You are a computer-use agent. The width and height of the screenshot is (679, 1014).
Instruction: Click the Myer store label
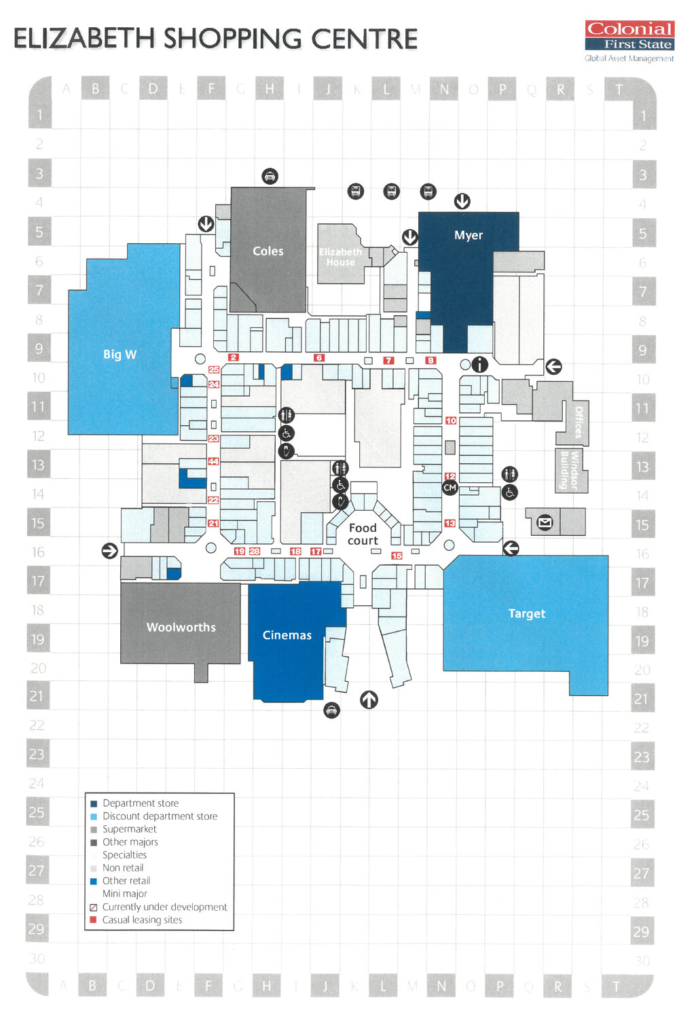[469, 235]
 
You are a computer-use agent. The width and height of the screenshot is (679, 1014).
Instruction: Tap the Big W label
[120, 354]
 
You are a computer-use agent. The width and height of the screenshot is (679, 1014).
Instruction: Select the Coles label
[268, 251]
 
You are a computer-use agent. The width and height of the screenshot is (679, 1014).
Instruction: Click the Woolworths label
[181, 627]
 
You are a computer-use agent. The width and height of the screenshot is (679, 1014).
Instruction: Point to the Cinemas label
[287, 635]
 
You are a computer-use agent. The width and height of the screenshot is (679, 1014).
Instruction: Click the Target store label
[526, 613]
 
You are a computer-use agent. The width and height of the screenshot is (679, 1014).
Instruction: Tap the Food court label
[363, 534]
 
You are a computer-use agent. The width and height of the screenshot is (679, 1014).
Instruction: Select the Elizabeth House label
[340, 257]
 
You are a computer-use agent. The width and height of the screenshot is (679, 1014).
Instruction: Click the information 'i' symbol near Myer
[479, 365]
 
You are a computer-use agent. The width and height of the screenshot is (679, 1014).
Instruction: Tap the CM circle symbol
[449, 488]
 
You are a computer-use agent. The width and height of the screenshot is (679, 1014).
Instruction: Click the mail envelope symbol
[545, 522]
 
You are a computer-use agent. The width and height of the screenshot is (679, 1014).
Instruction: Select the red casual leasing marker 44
[213, 461]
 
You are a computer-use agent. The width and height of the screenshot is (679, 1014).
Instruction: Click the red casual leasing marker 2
[234, 357]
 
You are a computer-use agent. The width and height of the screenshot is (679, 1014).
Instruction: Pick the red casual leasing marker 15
[397, 556]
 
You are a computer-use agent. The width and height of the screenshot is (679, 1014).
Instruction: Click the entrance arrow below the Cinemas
[369, 699]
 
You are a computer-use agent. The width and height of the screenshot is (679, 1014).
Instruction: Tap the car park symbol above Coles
[270, 177]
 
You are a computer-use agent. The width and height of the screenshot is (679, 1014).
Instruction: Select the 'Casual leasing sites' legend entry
[142, 920]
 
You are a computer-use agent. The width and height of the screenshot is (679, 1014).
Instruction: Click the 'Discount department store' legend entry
[160, 816]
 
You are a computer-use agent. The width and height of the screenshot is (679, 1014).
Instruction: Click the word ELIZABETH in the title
[85, 39]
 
